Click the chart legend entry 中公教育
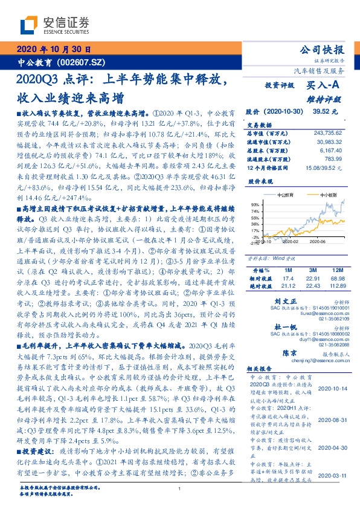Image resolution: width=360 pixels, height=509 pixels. (285, 195)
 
